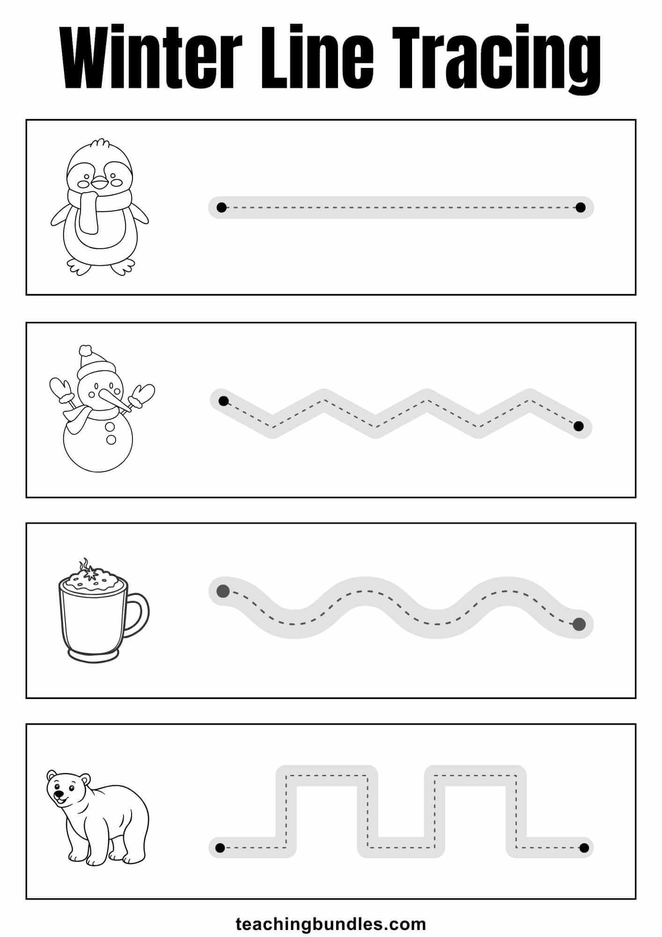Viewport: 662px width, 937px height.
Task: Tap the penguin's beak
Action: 99,182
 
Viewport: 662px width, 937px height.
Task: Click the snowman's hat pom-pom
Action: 85,350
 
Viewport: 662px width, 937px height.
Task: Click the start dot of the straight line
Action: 221,207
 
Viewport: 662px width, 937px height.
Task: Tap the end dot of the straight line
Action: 581,207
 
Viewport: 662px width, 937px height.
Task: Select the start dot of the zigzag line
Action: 223,401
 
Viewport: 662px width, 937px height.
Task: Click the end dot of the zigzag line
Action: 579,426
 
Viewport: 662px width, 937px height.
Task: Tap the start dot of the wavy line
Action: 223,591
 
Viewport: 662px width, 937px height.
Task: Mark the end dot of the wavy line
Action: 579,624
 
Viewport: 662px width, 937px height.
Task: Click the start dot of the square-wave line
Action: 220,848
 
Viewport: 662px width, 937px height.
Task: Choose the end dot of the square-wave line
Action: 584,848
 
